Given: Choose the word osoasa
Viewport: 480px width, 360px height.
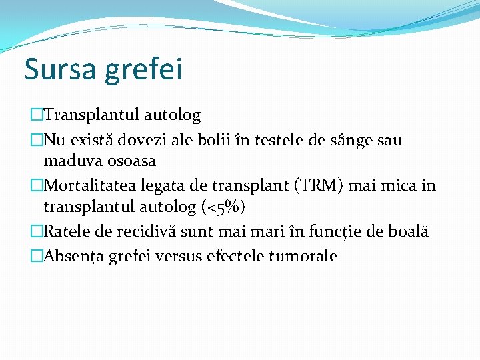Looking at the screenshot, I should [x=133, y=161].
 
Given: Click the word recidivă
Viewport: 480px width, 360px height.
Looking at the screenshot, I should [x=145, y=231].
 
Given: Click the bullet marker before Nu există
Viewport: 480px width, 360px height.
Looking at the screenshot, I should [x=36, y=141].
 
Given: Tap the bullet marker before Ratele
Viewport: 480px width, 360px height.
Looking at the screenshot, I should [x=36, y=231].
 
